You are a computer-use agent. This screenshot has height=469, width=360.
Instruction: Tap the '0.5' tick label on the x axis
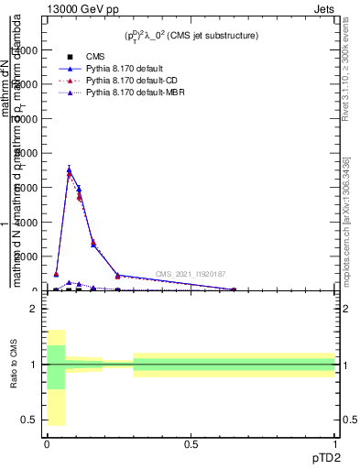(x=191, y=443)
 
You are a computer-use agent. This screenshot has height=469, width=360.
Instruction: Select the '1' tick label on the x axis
(x=334, y=443)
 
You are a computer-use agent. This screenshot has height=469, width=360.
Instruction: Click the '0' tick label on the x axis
(x=47, y=443)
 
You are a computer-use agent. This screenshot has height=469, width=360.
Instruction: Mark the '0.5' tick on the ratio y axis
(x=29, y=420)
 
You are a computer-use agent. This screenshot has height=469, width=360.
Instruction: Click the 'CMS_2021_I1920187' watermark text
(x=190, y=274)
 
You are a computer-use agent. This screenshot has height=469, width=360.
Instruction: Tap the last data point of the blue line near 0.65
(x=234, y=289)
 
